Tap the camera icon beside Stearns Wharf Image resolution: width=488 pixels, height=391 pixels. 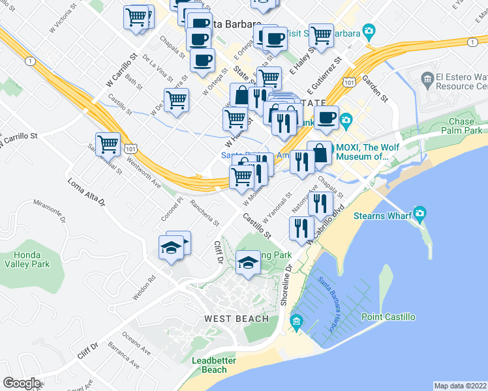click(x=419, y=213)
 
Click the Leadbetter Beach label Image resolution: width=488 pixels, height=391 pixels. click(x=210, y=365)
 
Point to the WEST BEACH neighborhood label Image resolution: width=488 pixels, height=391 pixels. click(x=236, y=319)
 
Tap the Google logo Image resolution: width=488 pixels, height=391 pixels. click(x=21, y=383)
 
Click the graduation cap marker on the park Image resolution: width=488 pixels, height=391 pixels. click(x=247, y=263)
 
